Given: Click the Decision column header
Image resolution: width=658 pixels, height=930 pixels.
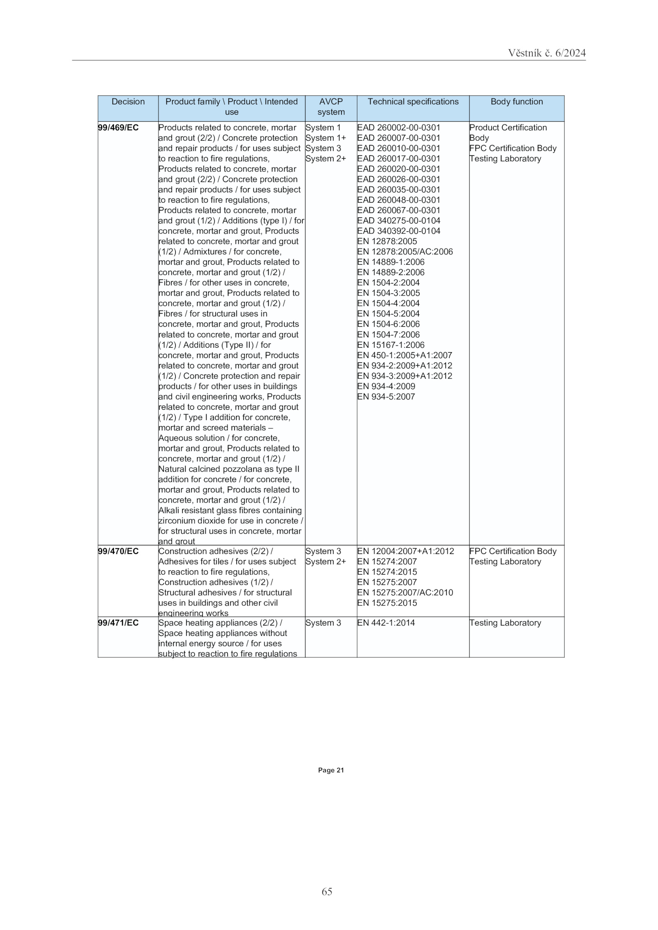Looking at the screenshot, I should [128, 102].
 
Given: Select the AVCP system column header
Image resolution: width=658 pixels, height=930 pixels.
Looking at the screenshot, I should [331, 107].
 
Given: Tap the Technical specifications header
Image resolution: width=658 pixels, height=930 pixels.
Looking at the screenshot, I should [412, 102].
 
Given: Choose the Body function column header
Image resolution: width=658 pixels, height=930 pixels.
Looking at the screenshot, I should [516, 102].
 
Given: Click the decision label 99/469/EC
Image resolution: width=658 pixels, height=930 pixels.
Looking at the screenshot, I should [118, 128].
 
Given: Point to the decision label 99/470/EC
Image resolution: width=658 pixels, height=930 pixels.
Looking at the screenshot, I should [118, 551].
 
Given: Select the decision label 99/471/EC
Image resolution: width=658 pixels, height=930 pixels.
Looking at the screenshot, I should [118, 623].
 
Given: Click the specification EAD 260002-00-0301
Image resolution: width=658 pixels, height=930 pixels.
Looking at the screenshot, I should [399, 128].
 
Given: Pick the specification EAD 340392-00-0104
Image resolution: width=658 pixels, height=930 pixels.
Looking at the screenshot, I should [399, 231].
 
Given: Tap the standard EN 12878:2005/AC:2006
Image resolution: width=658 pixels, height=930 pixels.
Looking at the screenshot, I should [405, 252].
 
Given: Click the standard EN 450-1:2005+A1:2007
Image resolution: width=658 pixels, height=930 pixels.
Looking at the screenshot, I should [404, 355].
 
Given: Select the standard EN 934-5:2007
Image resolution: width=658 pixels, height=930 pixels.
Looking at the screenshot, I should [386, 397].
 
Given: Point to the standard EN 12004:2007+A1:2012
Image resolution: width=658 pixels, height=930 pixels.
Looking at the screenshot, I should [405, 551].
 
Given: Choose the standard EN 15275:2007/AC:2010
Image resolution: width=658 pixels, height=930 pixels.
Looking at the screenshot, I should [405, 593].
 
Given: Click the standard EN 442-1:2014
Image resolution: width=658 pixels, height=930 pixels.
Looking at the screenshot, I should [386, 623].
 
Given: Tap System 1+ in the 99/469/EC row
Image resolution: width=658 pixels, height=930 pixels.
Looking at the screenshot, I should [325, 138].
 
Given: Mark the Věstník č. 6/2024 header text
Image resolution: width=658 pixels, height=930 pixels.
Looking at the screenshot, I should [547, 53].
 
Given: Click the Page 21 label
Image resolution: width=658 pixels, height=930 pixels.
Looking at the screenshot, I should [331, 770].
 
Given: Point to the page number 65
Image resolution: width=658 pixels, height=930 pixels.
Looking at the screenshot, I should [327, 891].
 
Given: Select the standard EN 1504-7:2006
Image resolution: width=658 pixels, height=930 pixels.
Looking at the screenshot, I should [388, 335].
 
